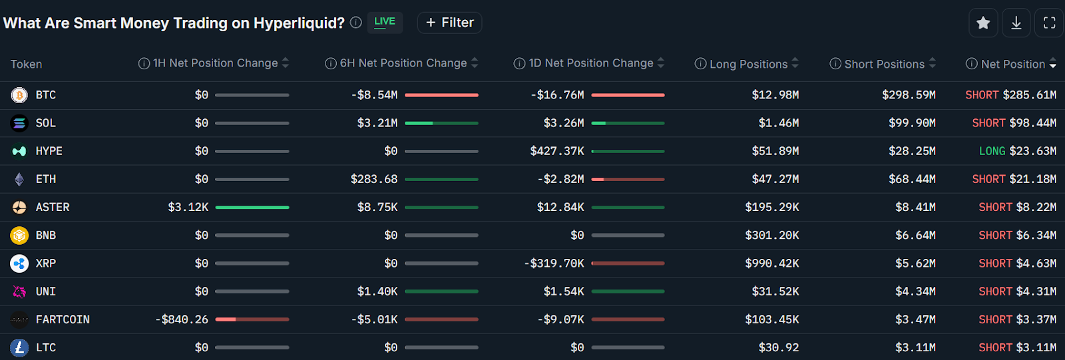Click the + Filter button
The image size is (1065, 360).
[x=449, y=23]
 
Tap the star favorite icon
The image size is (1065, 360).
[x=983, y=23]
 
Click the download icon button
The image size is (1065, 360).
[x=1016, y=23]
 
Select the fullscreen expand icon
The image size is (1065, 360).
[x=1050, y=23]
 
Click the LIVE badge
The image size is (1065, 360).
[x=385, y=22]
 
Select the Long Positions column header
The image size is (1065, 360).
[x=748, y=65]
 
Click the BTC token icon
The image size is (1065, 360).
[x=19, y=95]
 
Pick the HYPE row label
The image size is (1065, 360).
[x=49, y=151]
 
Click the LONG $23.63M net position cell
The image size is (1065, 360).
[x=1017, y=151]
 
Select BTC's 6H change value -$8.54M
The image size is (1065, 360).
[x=374, y=95]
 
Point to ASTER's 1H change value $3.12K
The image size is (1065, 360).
[x=188, y=208]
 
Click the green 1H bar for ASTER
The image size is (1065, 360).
[x=252, y=208]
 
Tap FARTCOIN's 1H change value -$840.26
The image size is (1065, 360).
[x=182, y=320]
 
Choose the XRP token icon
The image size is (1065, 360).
[x=19, y=264]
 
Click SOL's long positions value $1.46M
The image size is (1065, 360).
[x=779, y=123]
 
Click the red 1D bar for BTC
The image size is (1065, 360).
[x=628, y=95]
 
